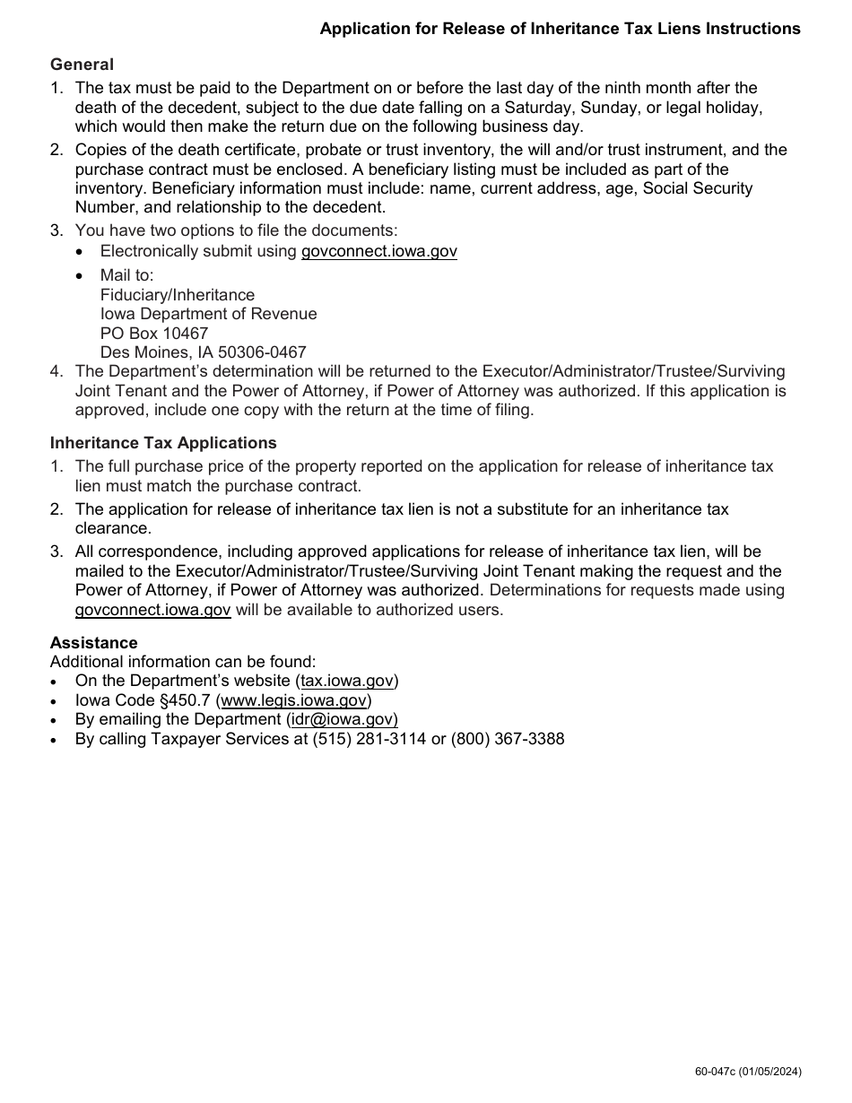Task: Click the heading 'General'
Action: coord(82,65)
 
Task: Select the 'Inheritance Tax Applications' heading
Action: coord(163,443)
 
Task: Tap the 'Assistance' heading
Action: coord(93,643)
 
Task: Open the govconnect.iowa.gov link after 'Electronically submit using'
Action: coord(378,251)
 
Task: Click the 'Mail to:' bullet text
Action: coord(126,275)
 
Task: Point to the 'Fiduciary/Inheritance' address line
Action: coord(177,295)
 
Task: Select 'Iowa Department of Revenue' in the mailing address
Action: coord(208,315)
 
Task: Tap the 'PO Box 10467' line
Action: coord(153,334)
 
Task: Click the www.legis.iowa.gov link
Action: coord(293,700)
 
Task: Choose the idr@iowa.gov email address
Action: coord(343,719)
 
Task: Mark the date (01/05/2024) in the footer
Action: coord(770,1072)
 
